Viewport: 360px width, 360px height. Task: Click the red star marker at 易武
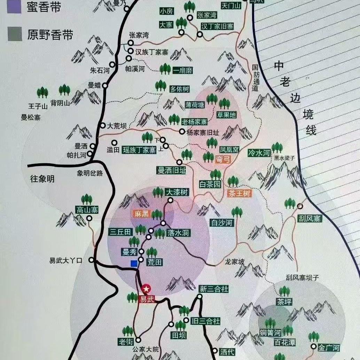click(146, 289)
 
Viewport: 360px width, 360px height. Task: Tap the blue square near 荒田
click(134, 264)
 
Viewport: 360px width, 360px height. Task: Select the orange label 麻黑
click(141, 214)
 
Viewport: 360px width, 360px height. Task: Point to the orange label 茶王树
click(239, 194)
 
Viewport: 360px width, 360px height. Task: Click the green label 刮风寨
click(309, 219)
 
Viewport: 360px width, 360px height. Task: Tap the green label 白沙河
click(222, 222)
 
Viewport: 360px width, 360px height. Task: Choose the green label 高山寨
click(87, 210)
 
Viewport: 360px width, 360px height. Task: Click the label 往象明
click(42, 179)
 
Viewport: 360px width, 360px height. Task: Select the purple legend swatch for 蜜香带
click(15, 7)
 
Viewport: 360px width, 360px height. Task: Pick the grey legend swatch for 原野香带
click(15, 34)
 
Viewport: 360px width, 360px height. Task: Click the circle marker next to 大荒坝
click(103, 126)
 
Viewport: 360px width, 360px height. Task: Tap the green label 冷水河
click(259, 152)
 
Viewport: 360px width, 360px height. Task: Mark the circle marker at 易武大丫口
click(91, 260)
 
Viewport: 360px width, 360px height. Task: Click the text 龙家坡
click(235, 261)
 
